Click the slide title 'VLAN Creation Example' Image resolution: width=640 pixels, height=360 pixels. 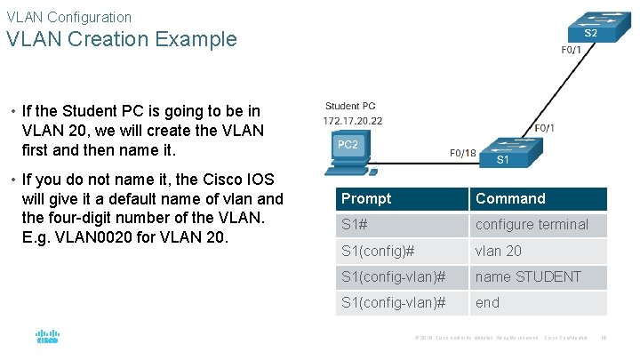122,39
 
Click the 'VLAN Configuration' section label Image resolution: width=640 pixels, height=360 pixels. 68,17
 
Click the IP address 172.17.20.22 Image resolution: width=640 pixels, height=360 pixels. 353,120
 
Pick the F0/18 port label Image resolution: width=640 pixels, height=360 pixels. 462,153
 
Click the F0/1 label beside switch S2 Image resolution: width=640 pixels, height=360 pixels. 572,51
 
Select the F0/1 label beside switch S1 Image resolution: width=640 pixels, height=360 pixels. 544,128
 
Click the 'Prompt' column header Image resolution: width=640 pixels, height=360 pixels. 366,199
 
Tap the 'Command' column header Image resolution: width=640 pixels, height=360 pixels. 510,199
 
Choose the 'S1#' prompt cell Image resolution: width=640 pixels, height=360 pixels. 355,225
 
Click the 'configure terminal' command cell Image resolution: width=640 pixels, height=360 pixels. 532,225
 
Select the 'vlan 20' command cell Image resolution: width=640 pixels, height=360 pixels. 499,251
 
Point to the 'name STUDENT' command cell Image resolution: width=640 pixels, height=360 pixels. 528,276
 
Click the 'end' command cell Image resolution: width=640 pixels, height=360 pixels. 488,302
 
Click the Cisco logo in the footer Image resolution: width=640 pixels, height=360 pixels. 47,337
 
